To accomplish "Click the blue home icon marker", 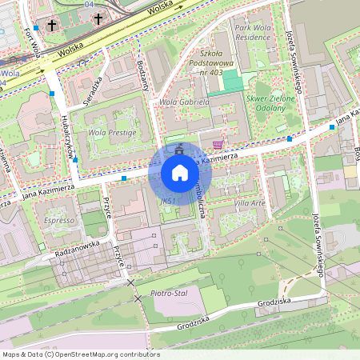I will (x=180, y=173).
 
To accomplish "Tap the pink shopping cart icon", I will (x=218, y=145).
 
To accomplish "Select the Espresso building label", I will (x=59, y=218).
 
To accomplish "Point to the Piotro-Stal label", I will (x=168, y=294).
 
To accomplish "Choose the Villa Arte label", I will (x=250, y=203).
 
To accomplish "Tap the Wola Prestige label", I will (x=107, y=133).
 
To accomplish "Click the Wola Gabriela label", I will (x=185, y=102).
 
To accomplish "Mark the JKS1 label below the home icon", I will (x=167, y=200).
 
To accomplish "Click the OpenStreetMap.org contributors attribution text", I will (x=102, y=354).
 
